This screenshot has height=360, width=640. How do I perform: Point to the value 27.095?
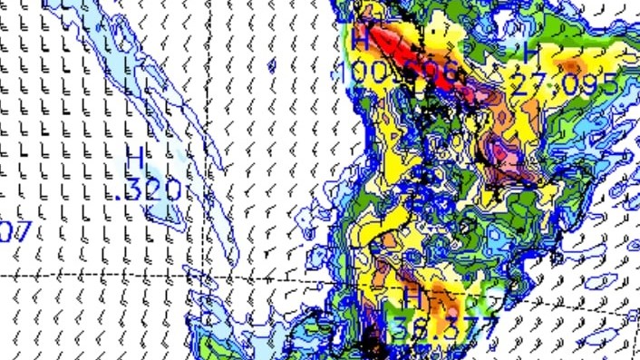click(x=566, y=84)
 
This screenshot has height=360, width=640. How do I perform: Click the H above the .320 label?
click(x=135, y=156)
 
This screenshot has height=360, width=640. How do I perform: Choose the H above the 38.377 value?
click(x=412, y=297)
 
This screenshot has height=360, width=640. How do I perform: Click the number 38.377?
click(x=446, y=328)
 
